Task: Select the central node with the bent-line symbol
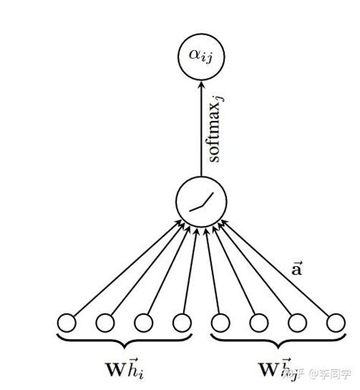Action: [201, 202]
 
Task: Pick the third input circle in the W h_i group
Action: [144, 322]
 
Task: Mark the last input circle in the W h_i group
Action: [182, 322]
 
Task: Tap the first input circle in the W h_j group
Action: [219, 322]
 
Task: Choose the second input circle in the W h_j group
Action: [257, 322]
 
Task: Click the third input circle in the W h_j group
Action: [295, 322]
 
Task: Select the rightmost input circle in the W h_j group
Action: [333, 322]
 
